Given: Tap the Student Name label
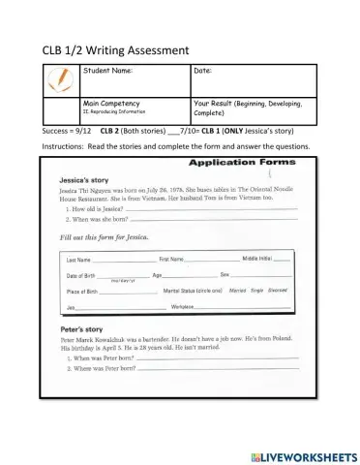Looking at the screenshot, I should pyautogui.click(x=107, y=71).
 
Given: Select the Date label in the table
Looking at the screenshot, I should pyautogui.click(x=203, y=71).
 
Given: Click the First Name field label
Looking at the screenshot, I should pyautogui.click(x=172, y=260).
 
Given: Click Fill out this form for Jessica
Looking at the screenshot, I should pyautogui.click(x=98, y=237).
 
